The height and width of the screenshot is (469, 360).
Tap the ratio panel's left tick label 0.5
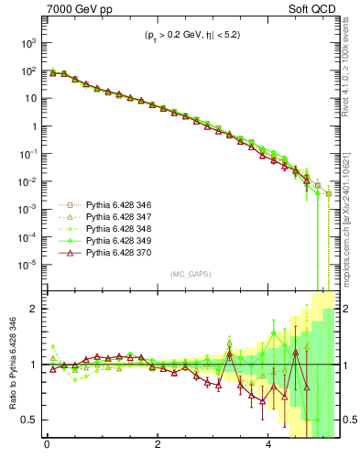pos(28,420)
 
